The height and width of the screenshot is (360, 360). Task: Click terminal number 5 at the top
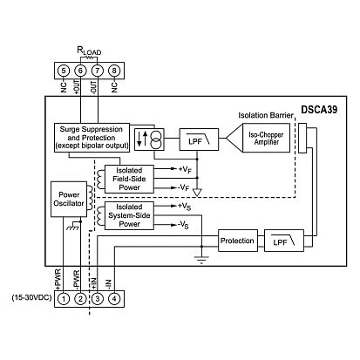(65, 70)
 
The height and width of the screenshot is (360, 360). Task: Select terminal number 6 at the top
(81, 70)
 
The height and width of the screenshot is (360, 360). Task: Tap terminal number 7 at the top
(98, 70)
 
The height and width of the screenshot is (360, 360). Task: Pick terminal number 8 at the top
(114, 70)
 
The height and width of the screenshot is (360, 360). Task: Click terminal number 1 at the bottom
(65, 300)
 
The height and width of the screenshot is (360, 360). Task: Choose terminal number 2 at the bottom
(81, 300)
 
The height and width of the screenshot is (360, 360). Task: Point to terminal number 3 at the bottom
(98, 300)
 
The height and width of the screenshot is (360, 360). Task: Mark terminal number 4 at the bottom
(114, 300)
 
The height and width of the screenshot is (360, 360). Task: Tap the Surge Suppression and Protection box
(89, 138)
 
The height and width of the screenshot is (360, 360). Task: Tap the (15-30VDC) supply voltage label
(30, 300)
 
